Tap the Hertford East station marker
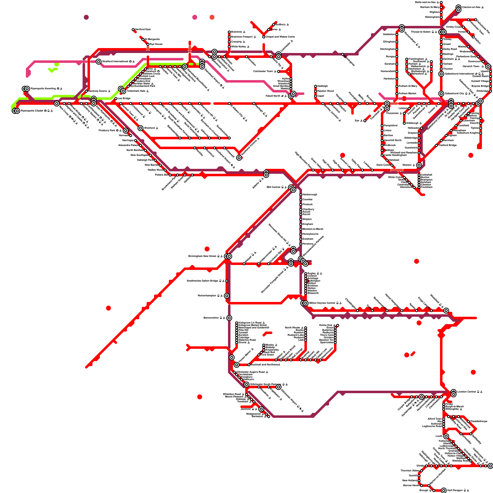(x=133, y=30)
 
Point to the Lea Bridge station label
(x=124, y=99)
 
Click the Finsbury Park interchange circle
(x=126, y=131)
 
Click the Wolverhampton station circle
(x=227, y=296)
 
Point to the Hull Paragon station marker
(x=444, y=491)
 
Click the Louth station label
(x=439, y=436)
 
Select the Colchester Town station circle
(x=279, y=71)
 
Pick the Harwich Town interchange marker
(x=488, y=67)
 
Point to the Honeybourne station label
(x=311, y=234)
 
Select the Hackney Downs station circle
(x=86, y=91)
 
